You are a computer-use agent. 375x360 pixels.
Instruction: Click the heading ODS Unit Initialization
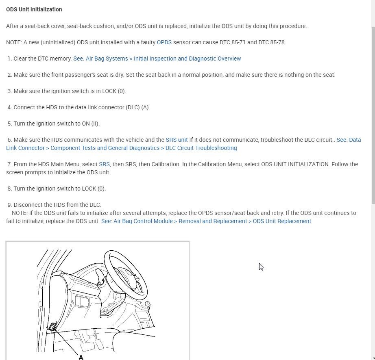[x=34, y=9]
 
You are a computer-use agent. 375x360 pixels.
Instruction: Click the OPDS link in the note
[x=164, y=42]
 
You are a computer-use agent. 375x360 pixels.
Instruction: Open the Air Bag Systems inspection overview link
[x=157, y=59]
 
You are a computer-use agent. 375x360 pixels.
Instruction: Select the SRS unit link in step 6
[x=177, y=140]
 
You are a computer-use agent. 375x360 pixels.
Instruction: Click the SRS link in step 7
[x=104, y=164]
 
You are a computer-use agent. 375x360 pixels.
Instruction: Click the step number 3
[x=9, y=91]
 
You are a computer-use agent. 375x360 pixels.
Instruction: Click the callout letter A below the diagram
[x=81, y=357]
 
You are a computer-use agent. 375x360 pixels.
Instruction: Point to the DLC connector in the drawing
[x=52, y=327]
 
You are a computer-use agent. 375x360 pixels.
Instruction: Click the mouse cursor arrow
[x=261, y=267]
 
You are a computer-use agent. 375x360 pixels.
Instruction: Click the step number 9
[x=9, y=205]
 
